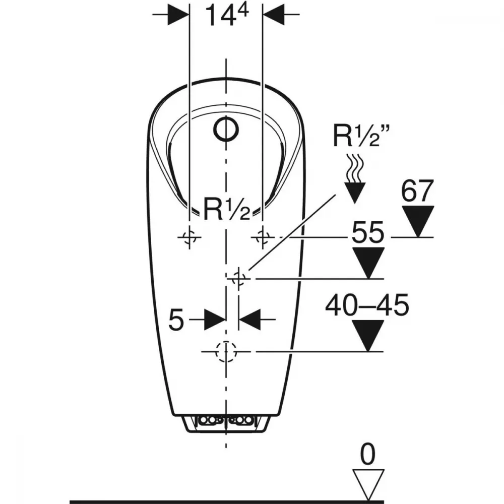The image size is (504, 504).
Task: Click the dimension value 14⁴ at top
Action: pyautogui.click(x=227, y=15)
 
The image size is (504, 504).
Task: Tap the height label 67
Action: pyautogui.click(x=417, y=191)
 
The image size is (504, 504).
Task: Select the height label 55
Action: pyautogui.click(x=368, y=232)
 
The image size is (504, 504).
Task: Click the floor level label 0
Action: pyautogui.click(x=367, y=454)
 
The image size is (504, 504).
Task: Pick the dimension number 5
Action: pyautogui.click(x=176, y=320)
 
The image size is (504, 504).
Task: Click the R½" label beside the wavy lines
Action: pyautogui.click(x=361, y=136)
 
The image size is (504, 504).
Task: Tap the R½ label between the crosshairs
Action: pyautogui.click(x=227, y=209)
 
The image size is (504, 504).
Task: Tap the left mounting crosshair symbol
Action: pyautogui.click(x=190, y=237)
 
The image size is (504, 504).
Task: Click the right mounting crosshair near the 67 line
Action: pyautogui.click(x=263, y=237)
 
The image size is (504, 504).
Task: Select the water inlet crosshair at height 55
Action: pyautogui.click(x=238, y=278)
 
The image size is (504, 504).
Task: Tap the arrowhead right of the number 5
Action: pyautogui.click(x=250, y=320)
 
